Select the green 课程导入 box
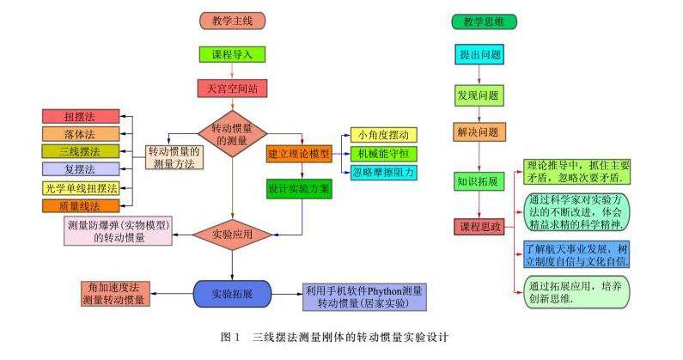coord(231,54)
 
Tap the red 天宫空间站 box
coord(231,88)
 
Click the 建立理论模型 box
coord(298,153)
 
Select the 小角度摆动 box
coord(382,135)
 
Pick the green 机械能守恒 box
coord(382,153)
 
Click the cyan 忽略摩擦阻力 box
coord(382,171)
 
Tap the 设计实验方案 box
coord(298,189)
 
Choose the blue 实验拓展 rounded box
coord(231,293)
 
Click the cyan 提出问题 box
coord(479,54)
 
